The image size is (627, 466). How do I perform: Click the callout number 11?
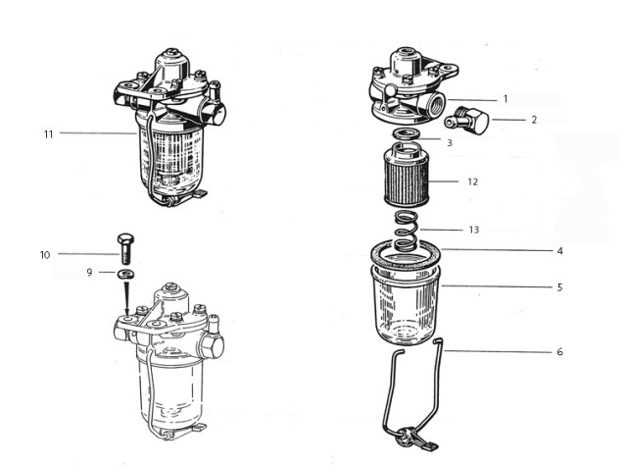click(48, 133)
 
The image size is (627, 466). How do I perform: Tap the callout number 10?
click(45, 255)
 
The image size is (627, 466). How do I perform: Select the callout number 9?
click(89, 272)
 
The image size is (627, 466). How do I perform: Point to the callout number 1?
click(506, 99)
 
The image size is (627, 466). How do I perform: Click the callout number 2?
click(534, 120)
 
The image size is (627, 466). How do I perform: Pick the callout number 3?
click(449, 143)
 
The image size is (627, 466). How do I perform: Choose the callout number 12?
click(472, 181)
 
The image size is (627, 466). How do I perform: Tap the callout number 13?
click(474, 230)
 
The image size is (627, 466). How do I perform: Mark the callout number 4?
click(560, 250)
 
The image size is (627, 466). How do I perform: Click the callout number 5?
click(560, 287)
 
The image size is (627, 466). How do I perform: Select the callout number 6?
click(560, 351)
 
